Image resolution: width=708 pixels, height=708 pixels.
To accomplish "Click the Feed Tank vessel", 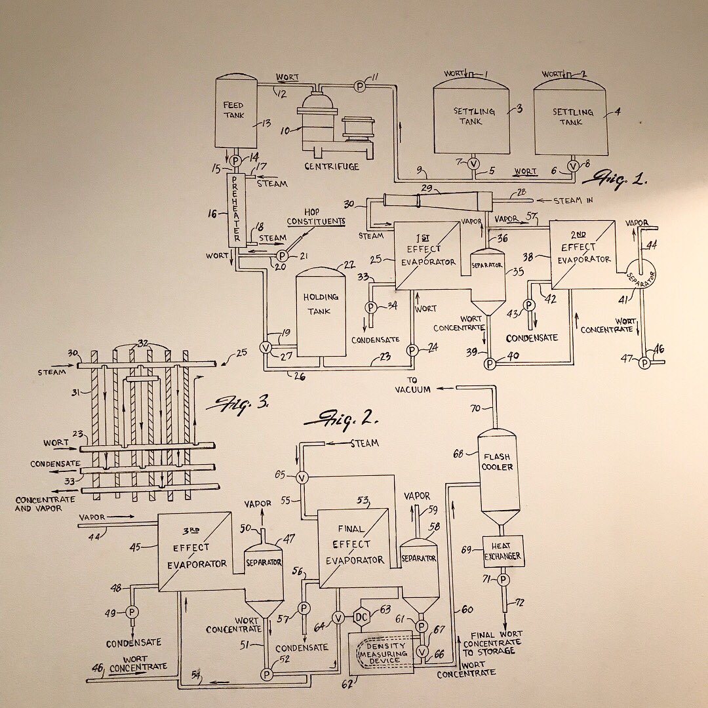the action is click(235, 111).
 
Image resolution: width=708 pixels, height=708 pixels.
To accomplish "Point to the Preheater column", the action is click(236, 210).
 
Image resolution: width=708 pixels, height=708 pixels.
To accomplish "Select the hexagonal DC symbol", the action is click(361, 617).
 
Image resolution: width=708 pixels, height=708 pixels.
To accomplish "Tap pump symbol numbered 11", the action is click(358, 86).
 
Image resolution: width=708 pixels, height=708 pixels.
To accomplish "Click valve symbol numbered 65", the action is click(302, 477).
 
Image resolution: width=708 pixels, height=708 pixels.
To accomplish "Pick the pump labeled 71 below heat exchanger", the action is click(503, 580).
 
